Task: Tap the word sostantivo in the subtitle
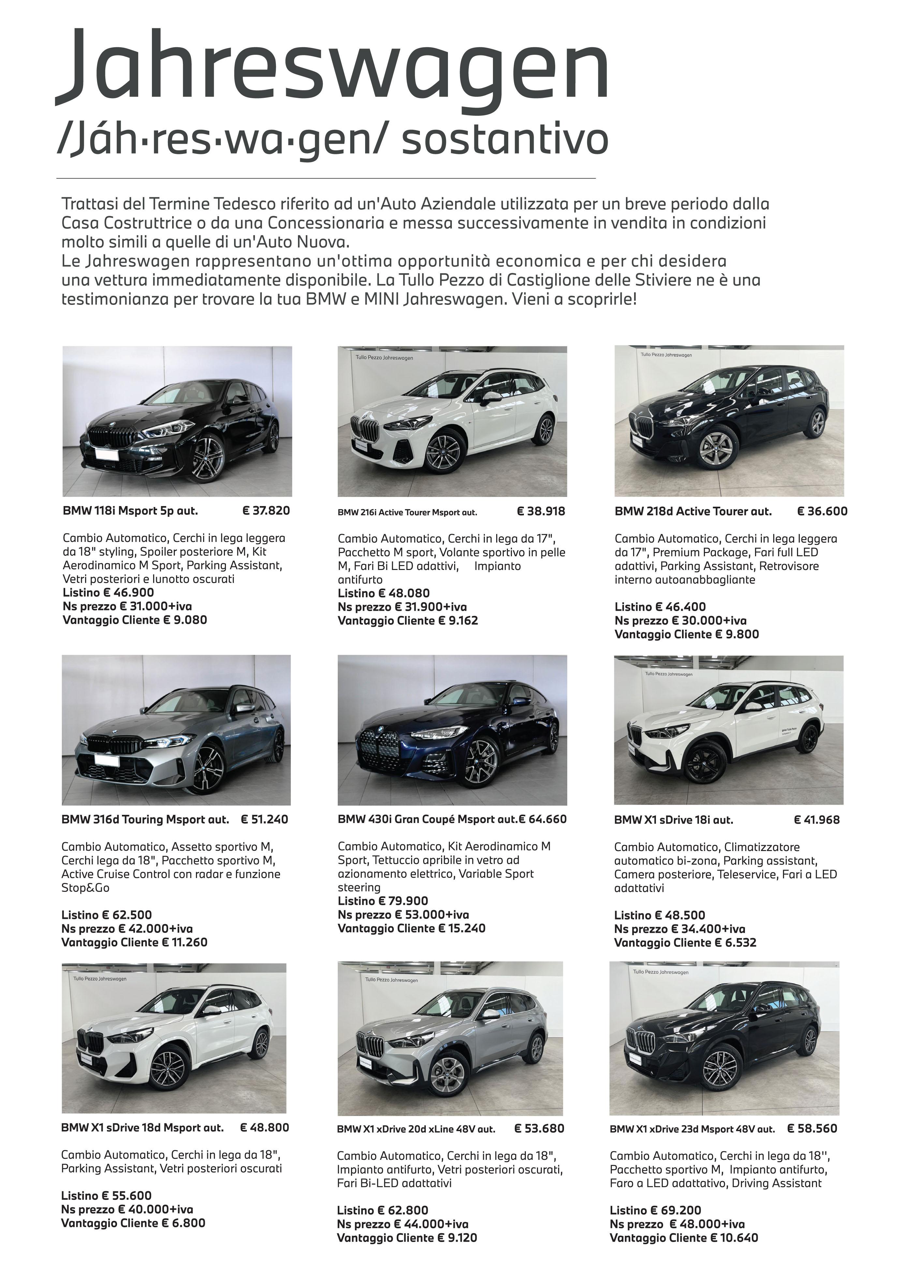(504, 139)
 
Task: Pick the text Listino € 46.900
(108, 593)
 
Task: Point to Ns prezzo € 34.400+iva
(679, 929)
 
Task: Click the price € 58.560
(812, 1129)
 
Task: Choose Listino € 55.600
(106, 1196)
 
